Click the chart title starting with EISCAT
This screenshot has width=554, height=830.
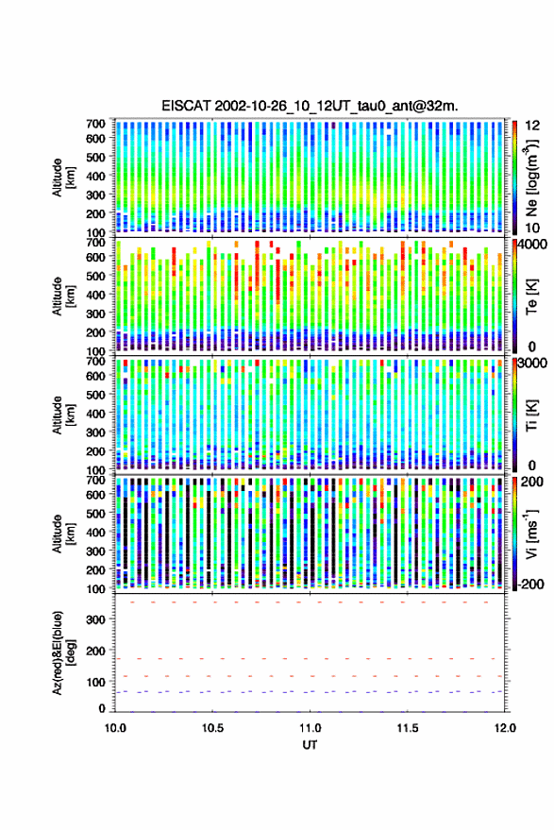(310, 106)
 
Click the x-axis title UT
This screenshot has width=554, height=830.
(310, 745)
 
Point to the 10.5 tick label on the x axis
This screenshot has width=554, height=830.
(212, 728)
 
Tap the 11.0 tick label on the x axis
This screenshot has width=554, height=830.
(310, 728)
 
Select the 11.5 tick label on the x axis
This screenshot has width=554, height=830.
(407, 728)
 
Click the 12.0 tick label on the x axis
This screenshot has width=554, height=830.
(505, 728)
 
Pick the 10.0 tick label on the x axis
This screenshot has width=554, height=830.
(115, 728)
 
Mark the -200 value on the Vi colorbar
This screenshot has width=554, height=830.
(530, 584)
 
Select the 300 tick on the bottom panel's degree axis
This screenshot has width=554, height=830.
(95, 619)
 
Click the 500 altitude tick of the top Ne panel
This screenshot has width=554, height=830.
(95, 157)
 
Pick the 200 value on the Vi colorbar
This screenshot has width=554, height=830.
(532, 482)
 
